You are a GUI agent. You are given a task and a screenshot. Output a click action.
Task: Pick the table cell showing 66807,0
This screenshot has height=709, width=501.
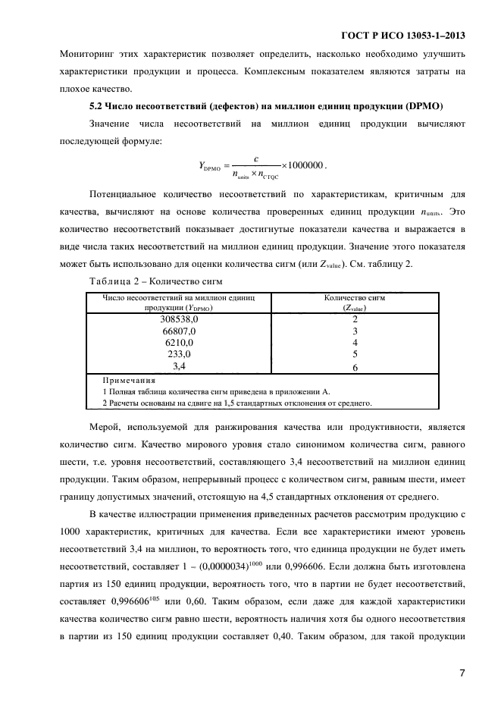pos(180,331)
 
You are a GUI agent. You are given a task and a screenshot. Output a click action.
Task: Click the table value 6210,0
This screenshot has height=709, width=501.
pos(180,343)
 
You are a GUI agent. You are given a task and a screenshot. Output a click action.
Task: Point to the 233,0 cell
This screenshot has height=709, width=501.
pos(180,354)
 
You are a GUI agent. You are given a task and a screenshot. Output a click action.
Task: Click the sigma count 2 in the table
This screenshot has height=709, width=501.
pos(355,319)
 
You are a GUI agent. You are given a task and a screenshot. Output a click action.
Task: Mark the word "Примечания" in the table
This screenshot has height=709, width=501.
pos(129,380)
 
